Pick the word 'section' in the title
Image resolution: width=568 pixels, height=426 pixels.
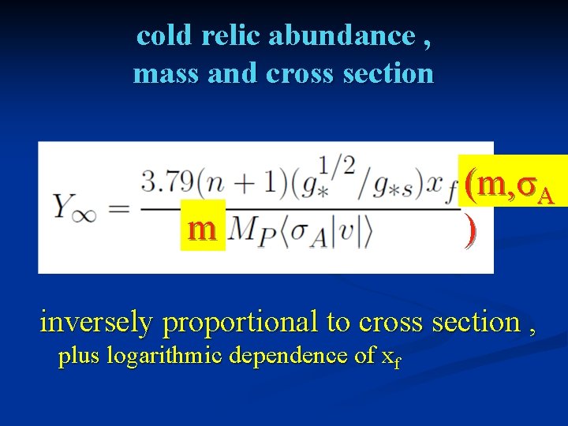pyautogui.click(x=389, y=73)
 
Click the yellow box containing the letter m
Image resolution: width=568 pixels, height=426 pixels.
pyautogui.click(x=203, y=229)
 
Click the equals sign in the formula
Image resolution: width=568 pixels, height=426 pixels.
pyautogui.click(x=118, y=207)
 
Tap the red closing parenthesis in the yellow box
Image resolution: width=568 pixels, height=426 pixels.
pyautogui.click(x=471, y=230)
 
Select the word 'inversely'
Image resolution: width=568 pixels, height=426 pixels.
pyautogui.click(x=95, y=322)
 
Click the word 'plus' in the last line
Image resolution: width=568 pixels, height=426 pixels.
pyautogui.click(x=79, y=357)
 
